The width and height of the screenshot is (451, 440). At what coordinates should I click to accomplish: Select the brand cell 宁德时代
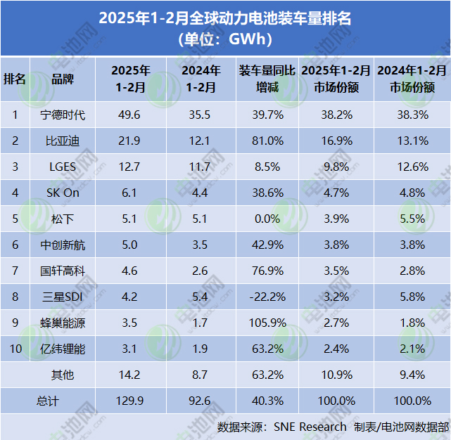click(x=63, y=115)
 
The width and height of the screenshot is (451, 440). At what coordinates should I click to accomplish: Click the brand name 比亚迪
click(x=63, y=141)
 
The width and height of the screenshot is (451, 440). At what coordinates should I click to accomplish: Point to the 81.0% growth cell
click(x=267, y=141)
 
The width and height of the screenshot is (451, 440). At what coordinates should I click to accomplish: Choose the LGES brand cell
click(x=63, y=167)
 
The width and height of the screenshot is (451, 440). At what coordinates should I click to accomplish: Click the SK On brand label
click(x=63, y=193)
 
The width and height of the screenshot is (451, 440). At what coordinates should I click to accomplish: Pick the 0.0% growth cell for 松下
click(x=267, y=219)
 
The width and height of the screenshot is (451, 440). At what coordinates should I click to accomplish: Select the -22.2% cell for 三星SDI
click(x=267, y=297)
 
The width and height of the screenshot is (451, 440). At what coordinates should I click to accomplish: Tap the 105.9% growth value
click(x=267, y=323)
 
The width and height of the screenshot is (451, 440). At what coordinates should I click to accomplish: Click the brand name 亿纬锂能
click(x=63, y=349)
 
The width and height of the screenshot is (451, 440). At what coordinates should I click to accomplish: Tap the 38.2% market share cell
click(x=336, y=115)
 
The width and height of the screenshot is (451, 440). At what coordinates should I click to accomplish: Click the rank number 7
click(x=15, y=271)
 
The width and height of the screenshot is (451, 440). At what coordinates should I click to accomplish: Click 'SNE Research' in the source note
click(x=310, y=427)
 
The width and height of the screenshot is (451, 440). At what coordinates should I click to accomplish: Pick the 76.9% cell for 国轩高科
click(x=267, y=271)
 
